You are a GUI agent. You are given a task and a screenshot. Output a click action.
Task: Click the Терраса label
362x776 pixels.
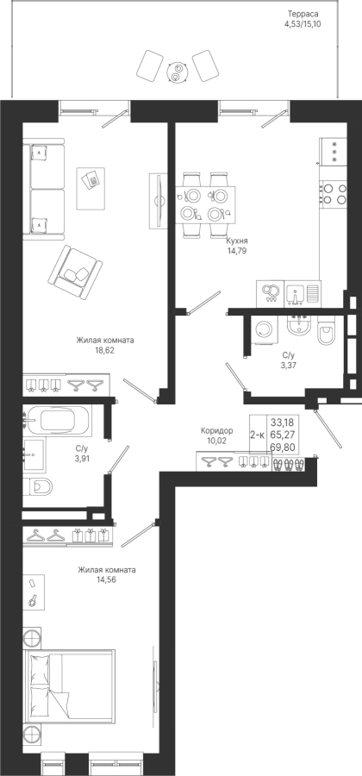click(303, 15)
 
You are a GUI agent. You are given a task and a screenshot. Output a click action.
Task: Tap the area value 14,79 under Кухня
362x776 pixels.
click(236, 250)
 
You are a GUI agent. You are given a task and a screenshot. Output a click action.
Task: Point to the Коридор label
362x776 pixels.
click(217, 431)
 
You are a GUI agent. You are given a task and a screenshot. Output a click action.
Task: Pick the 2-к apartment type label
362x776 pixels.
click(257, 435)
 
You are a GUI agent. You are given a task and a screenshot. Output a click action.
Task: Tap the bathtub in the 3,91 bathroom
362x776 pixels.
click(58, 421)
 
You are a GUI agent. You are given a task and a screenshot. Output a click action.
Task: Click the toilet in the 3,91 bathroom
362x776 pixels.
click(38, 487)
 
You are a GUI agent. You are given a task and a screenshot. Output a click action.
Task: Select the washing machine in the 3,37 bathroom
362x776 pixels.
click(265, 329)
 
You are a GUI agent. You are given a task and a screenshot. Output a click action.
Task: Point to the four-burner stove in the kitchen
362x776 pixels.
click(334, 193)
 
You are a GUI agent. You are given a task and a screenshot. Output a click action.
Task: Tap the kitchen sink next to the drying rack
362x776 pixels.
click(296, 293)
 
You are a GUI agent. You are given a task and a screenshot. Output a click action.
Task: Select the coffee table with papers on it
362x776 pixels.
click(90, 188)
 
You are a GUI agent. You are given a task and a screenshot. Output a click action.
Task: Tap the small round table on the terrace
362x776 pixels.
click(175, 72)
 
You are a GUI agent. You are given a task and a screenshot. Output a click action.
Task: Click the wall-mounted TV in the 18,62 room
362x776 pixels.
click(158, 200)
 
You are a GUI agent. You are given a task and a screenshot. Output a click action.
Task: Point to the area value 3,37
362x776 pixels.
click(289, 366)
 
